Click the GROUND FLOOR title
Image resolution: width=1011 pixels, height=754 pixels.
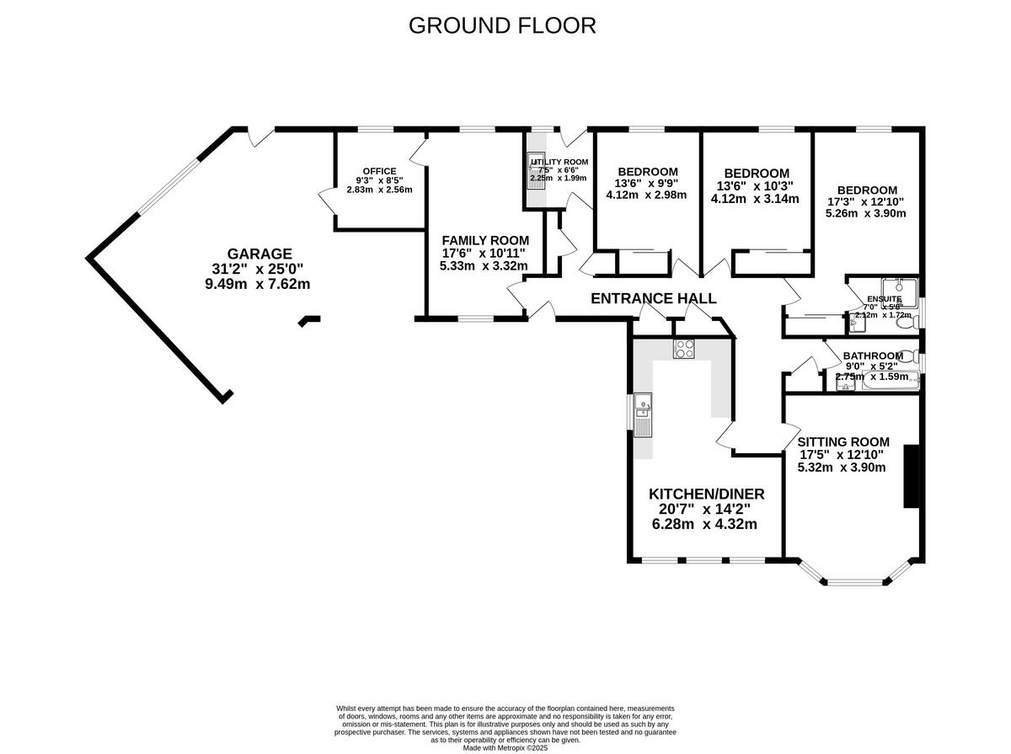click(x=502, y=25)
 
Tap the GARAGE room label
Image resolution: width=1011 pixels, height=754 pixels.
click(x=259, y=254)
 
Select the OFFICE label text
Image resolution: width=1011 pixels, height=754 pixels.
click(x=379, y=171)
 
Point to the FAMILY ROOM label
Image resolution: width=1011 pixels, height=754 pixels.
click(x=485, y=240)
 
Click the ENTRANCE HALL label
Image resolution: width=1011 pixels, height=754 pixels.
click(x=653, y=298)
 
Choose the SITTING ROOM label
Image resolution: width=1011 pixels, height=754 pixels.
click(x=843, y=441)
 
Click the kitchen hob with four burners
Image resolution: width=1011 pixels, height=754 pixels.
click(x=683, y=348)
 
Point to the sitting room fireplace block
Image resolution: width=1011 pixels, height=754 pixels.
click(x=912, y=476)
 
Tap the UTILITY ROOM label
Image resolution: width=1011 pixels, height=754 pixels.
click(x=559, y=162)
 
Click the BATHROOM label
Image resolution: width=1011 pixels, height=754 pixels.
click(x=873, y=356)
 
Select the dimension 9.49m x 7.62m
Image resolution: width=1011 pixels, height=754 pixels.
click(x=258, y=284)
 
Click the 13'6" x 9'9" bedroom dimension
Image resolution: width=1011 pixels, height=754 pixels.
click(x=646, y=183)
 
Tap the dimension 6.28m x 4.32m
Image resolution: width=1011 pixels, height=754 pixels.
click(x=704, y=524)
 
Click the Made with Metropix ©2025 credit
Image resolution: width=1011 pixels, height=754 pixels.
click(x=505, y=747)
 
